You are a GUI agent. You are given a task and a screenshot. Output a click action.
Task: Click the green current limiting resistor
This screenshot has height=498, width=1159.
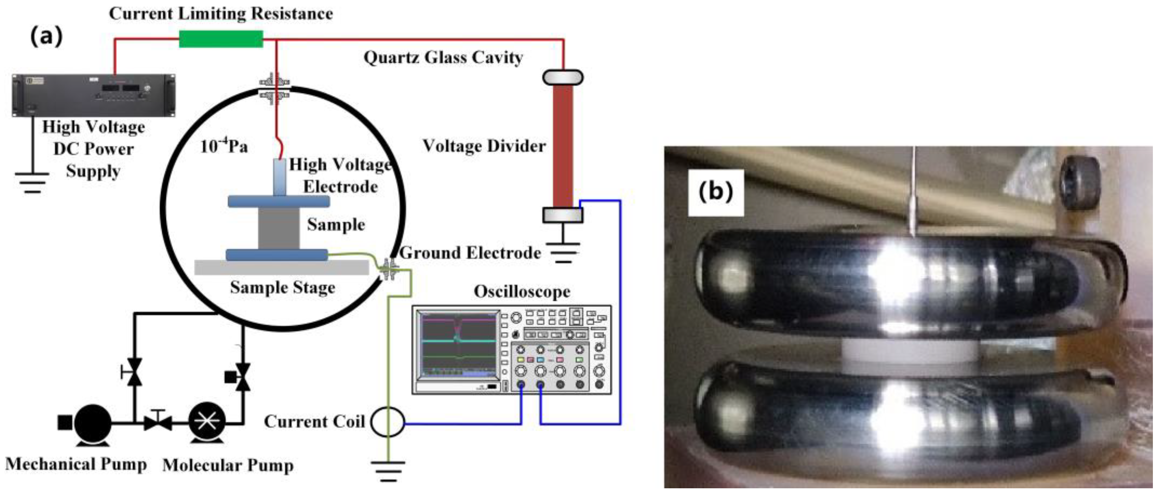pos(221,39)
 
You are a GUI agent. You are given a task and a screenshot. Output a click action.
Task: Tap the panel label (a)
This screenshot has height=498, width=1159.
pos(46,36)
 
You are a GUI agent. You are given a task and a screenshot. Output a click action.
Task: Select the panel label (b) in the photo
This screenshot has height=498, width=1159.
pos(715,192)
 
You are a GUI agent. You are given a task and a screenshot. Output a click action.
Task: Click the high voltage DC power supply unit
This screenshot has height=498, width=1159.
pos(93,95)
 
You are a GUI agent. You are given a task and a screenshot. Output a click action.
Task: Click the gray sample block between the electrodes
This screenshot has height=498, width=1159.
pos(279,228)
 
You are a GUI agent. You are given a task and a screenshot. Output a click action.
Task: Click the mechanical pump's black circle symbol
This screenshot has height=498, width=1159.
pos(92,422)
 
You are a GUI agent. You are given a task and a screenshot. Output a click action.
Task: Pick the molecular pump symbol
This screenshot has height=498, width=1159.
pos(207,421)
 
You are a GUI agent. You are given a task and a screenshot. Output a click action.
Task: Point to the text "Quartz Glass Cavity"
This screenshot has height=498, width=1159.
pos(443,58)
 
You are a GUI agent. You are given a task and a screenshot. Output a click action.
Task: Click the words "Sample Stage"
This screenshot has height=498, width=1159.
pos(282,287)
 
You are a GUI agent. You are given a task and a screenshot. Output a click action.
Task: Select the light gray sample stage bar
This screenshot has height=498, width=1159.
pos(281,267)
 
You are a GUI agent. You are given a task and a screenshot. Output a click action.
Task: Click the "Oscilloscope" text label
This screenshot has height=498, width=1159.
pos(522,292)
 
